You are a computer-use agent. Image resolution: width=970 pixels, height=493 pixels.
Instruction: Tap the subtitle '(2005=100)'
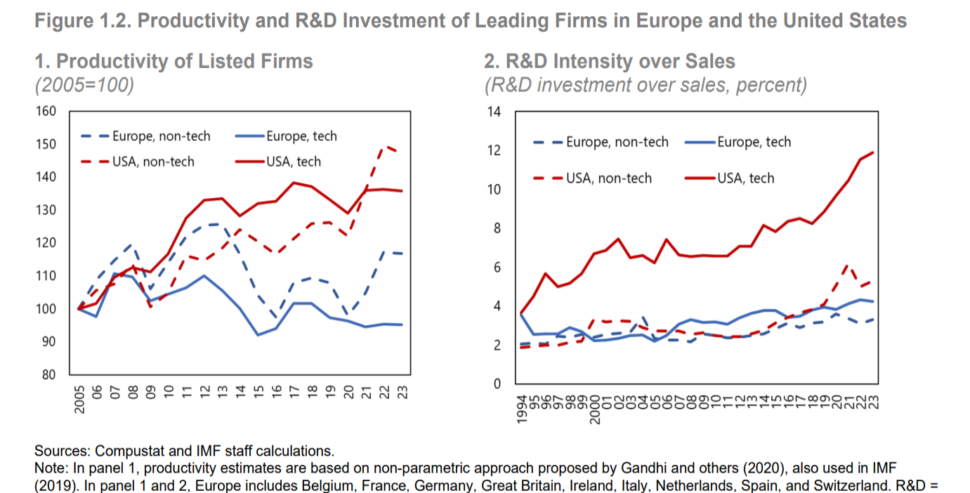tap(84, 85)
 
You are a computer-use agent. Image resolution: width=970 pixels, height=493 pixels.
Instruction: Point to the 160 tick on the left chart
tap(47, 112)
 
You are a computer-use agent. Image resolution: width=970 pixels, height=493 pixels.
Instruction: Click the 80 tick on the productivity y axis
tap(50, 374)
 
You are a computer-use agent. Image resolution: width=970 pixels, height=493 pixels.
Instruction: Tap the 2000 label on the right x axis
tap(594, 408)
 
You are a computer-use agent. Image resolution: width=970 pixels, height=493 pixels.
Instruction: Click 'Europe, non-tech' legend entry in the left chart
tap(161, 136)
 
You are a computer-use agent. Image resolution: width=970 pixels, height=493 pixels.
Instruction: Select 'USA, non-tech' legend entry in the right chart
tap(609, 178)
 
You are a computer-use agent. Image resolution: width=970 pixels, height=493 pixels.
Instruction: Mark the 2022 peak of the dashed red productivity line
tap(384, 146)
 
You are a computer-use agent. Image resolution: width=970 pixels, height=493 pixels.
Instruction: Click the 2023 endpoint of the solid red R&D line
tap(874, 152)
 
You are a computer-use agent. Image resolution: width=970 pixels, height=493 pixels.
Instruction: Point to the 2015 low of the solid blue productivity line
tap(258, 334)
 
